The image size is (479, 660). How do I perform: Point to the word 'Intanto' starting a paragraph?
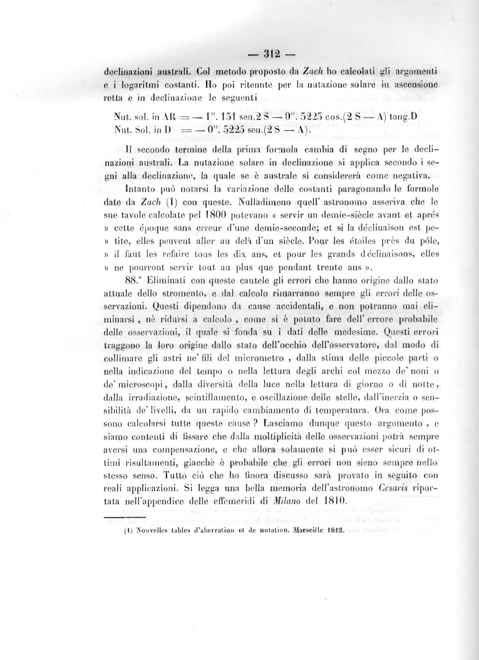(145, 188)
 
